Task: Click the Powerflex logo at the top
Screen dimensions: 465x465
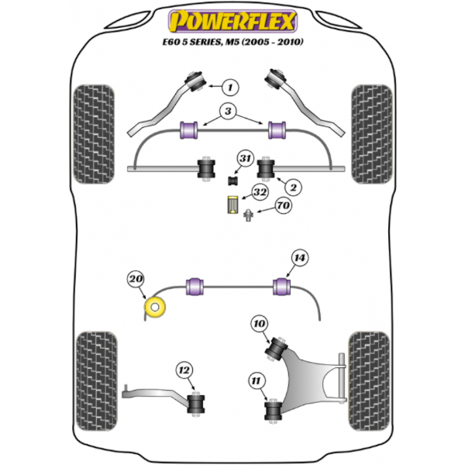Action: pos(232,19)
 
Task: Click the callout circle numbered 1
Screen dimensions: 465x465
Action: pos(230,87)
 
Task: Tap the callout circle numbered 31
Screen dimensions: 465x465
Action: pos(245,160)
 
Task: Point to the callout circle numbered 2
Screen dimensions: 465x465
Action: pos(294,186)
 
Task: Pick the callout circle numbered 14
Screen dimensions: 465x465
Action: pos(298,259)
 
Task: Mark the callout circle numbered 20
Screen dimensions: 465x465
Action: pos(136,279)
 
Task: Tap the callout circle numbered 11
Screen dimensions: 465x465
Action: pos(257,380)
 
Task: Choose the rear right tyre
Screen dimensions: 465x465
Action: pos(368,370)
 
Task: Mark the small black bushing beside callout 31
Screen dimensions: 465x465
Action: pos(230,181)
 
